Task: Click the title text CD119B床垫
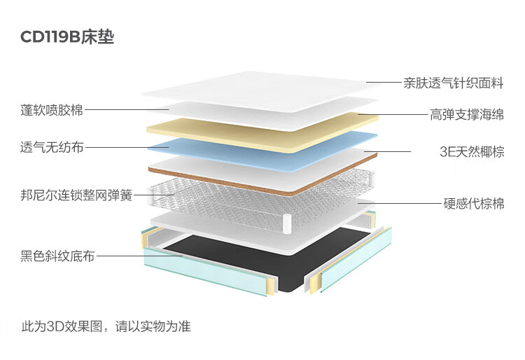[67, 37]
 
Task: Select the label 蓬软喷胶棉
[52, 110]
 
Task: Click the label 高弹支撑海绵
[466, 115]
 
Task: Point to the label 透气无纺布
[52, 147]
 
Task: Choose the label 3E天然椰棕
[471, 151]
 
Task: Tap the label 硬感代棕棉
[474, 204]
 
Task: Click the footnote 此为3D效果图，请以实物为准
[106, 326]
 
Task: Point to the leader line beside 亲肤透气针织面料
[383, 83]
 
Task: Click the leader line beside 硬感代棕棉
[399, 204]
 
